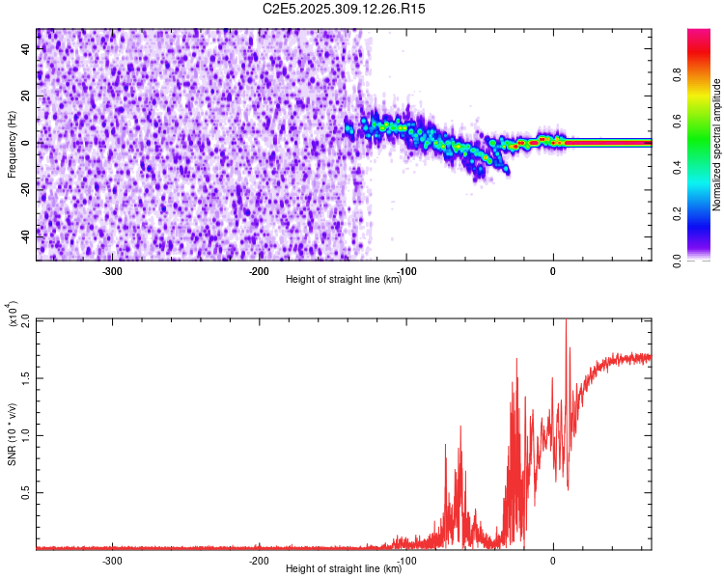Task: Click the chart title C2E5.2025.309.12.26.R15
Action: pos(344,9)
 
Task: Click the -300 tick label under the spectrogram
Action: pos(112,271)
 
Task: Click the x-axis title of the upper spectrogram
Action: pos(344,279)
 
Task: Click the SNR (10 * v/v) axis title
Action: pos(12,434)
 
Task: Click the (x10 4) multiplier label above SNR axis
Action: pos(12,315)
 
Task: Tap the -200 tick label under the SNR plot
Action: pos(259,561)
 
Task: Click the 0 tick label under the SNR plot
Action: pos(552,561)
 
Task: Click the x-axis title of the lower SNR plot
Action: pos(344,568)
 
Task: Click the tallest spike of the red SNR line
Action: pos(566,322)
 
